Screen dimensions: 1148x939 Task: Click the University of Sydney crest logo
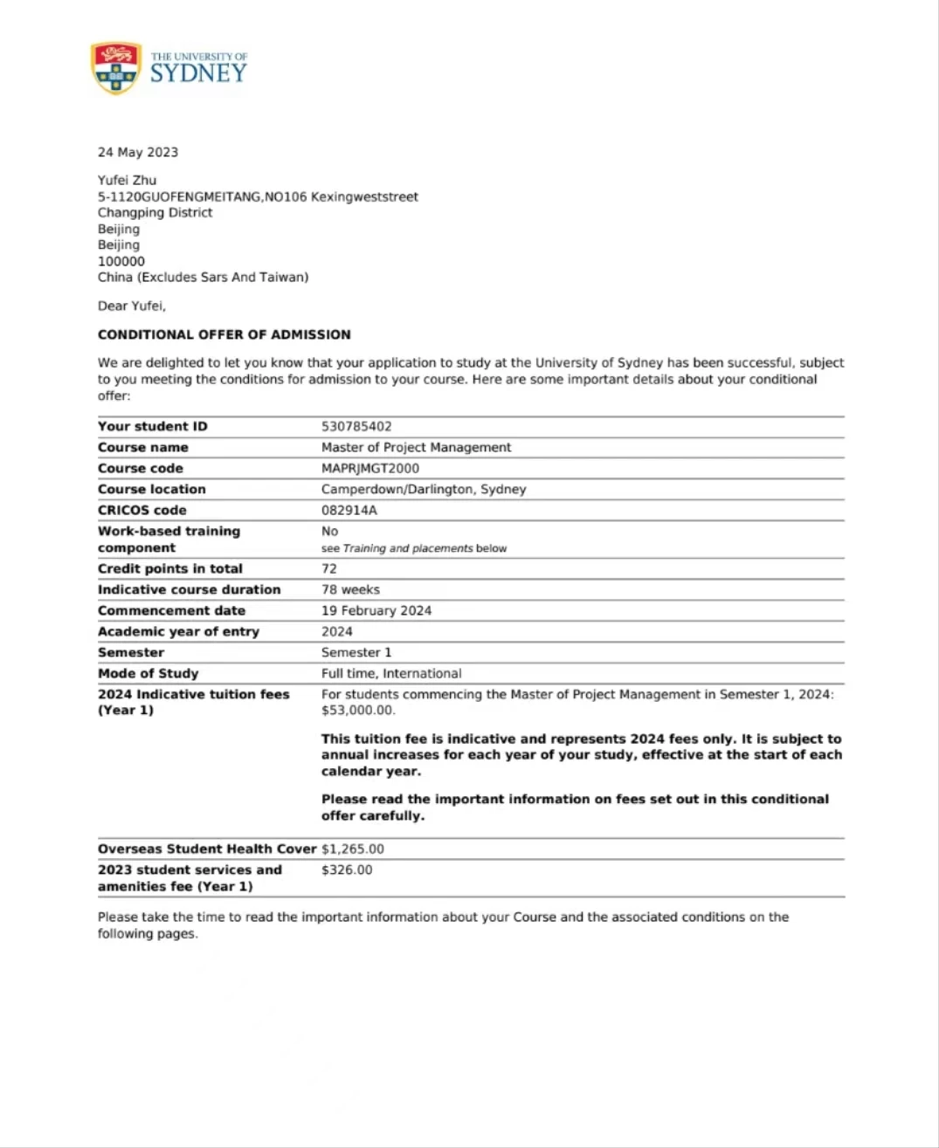[x=115, y=67]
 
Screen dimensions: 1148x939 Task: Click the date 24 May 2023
[x=138, y=152]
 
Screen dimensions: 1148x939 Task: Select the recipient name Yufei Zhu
[x=127, y=181]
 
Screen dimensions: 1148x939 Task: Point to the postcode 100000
[x=121, y=261]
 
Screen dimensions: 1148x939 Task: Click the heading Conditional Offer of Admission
[x=224, y=334]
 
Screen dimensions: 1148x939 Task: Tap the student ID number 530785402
[x=356, y=426]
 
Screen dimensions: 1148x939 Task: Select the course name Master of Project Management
[x=416, y=447]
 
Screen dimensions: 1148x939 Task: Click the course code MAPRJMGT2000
[x=370, y=468]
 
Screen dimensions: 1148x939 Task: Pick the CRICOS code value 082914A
[x=349, y=510]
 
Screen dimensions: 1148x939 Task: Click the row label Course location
[x=152, y=489]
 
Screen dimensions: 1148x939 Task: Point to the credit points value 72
[x=329, y=568]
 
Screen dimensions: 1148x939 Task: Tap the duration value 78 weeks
[x=350, y=589]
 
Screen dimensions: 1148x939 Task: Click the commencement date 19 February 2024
[x=376, y=610]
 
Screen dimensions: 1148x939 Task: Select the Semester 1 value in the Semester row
[x=356, y=652]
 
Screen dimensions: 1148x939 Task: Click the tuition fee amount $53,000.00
[x=358, y=710]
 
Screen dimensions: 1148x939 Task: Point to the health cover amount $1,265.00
[x=353, y=849]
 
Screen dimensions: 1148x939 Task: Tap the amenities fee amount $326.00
[x=347, y=870]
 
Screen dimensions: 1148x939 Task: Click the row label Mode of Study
[x=148, y=673]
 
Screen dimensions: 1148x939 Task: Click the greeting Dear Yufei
[x=131, y=306]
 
